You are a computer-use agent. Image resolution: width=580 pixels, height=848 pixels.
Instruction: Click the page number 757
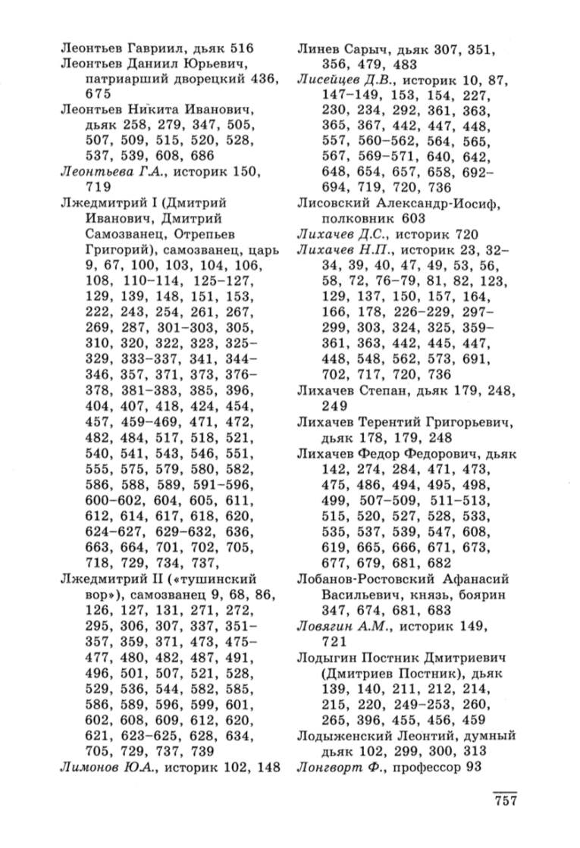[x=504, y=803]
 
